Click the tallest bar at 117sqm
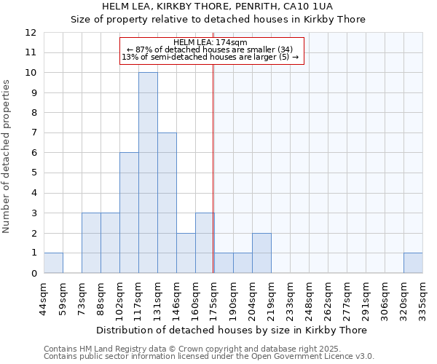(148, 173)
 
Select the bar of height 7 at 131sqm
(167, 203)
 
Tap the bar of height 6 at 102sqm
(129, 213)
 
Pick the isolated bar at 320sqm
(413, 263)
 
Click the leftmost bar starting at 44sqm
(53, 263)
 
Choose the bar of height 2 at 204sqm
(261, 253)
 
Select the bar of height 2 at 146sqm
(186, 253)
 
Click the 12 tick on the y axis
(31, 33)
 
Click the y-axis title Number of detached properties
(7, 157)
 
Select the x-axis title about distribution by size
(232, 330)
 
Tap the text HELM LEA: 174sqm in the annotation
(210, 42)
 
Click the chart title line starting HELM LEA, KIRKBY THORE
(218, 7)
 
